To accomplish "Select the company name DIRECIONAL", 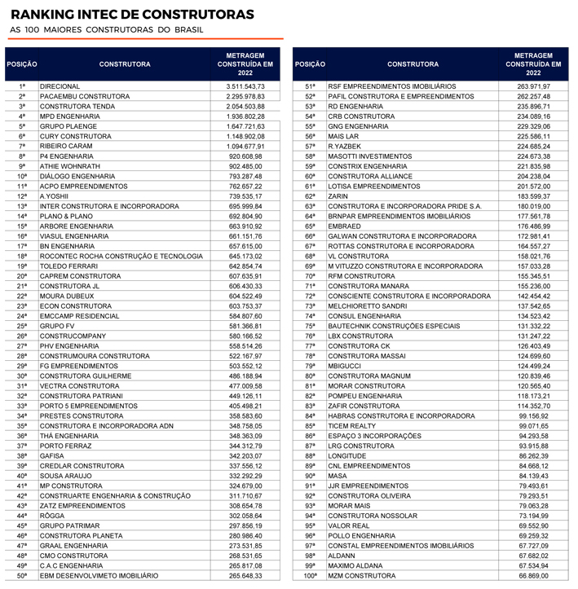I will [60, 86].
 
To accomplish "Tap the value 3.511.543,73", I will [245, 86].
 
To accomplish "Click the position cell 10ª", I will [22, 176].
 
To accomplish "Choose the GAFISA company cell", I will [53, 457].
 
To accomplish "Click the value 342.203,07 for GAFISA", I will [245, 457].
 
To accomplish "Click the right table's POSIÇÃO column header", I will [310, 64].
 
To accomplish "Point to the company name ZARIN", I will [338, 196].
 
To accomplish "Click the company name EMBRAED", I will [346, 226].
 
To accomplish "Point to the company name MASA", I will [338, 477].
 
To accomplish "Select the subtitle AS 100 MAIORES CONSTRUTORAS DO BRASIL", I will [107, 30].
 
